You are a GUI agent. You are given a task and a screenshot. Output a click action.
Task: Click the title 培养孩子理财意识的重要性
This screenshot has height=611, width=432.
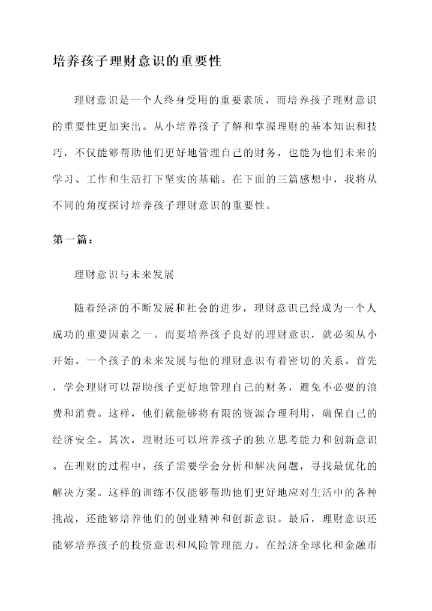pos(137,62)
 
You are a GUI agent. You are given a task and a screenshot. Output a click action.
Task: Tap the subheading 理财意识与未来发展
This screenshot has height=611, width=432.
pos(124,275)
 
